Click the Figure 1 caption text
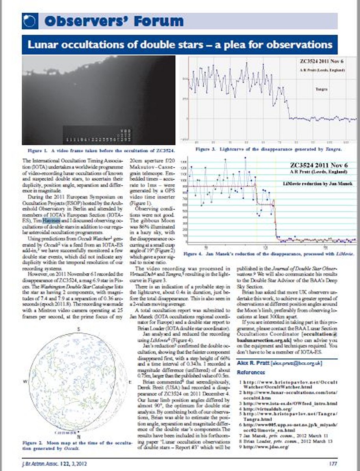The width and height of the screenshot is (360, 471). (101, 150)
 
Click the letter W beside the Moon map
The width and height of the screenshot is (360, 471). (25, 382)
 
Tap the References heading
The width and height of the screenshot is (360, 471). (251, 372)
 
